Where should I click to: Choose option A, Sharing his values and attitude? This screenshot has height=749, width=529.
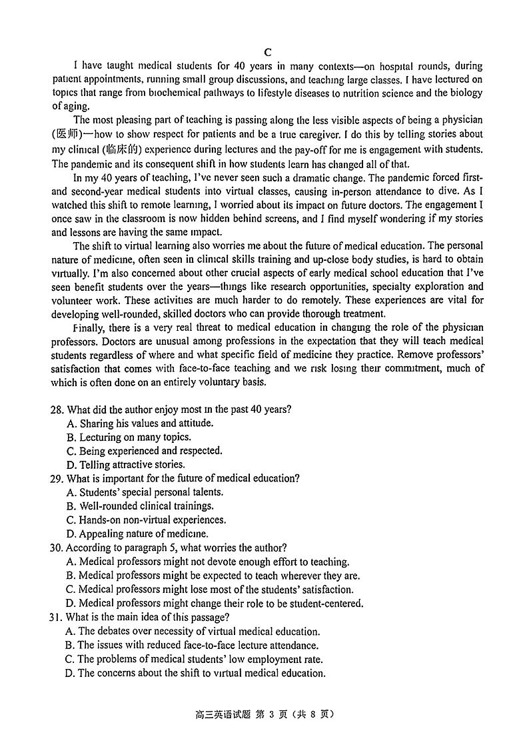tap(141, 424)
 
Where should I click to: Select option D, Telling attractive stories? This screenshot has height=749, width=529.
tap(126, 465)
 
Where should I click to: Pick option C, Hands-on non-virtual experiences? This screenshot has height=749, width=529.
tap(146, 520)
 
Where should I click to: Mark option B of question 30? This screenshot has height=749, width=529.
tap(213, 575)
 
